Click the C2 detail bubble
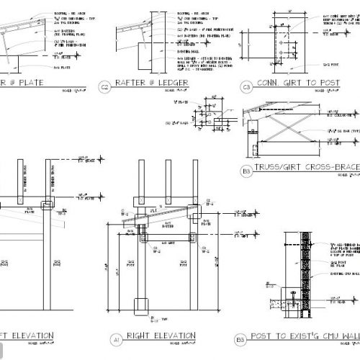click(x=105, y=88)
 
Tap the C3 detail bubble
click(x=246, y=88)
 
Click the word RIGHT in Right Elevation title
click(x=140, y=336)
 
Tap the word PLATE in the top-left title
click(x=30, y=84)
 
